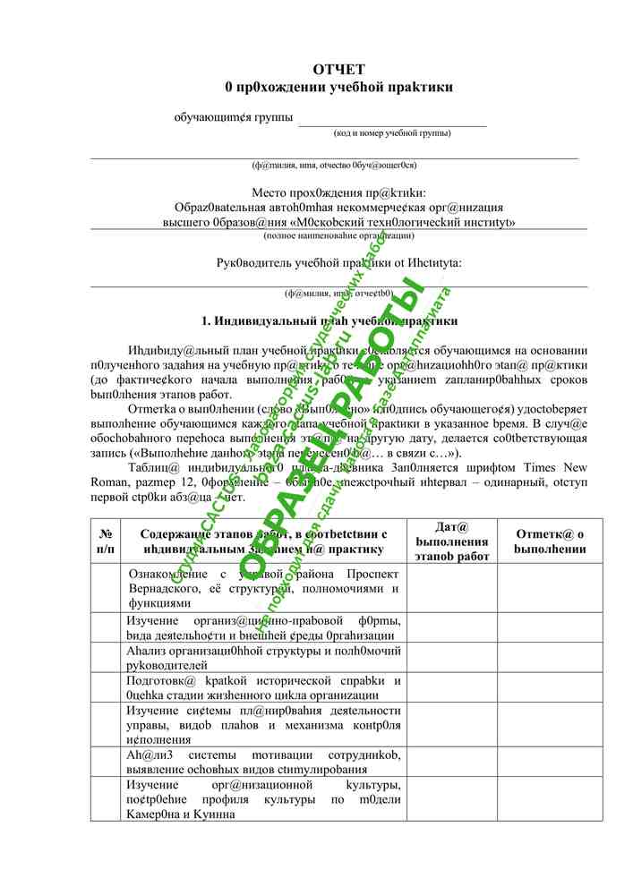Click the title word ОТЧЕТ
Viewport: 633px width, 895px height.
[338, 70]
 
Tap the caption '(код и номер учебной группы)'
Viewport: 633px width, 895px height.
[391, 133]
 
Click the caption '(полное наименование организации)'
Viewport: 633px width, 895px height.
[338, 235]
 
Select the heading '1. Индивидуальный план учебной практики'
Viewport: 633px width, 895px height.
[329, 320]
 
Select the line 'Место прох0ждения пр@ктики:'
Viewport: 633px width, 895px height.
[338, 192]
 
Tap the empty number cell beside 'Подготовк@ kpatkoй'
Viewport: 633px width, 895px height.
[105, 687]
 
